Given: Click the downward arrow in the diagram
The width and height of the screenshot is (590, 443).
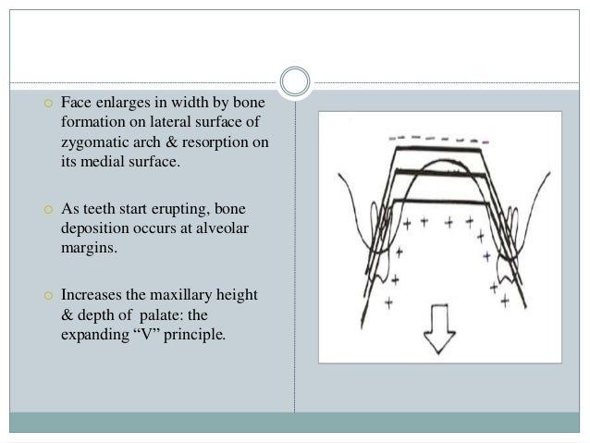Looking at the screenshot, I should click(438, 330).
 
